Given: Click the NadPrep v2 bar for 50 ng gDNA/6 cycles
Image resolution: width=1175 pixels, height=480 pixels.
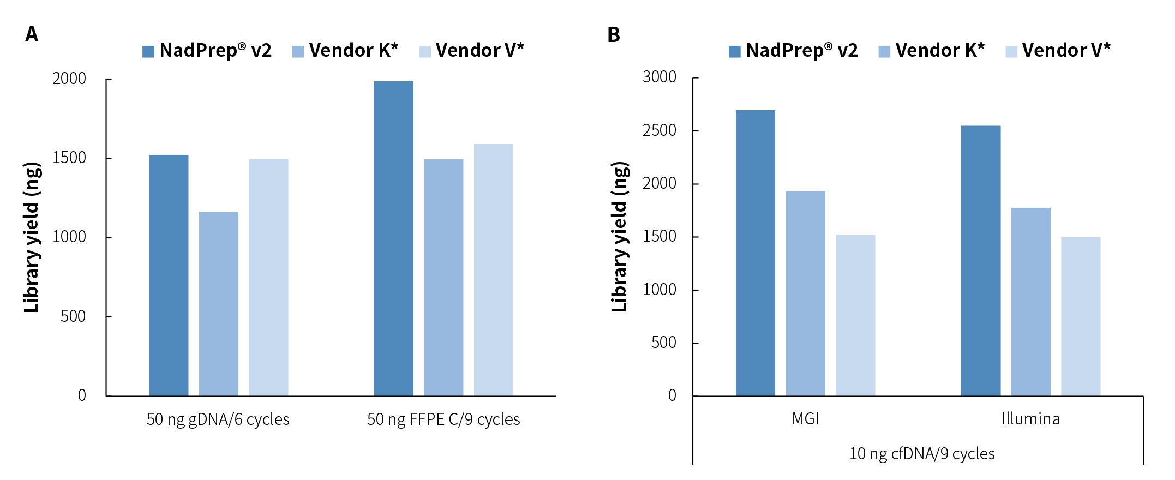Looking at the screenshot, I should point(169,275).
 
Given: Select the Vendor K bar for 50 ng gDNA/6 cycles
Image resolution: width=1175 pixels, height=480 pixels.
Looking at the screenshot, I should point(218,304).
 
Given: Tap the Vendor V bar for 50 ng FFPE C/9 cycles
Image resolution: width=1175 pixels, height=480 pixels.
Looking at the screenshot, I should point(493,270).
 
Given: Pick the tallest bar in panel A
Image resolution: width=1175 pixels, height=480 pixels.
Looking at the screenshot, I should point(393,238).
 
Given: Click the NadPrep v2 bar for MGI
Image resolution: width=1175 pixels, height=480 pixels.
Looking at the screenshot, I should point(755,253).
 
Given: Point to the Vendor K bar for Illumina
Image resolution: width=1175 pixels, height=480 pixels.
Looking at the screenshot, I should point(1030,302).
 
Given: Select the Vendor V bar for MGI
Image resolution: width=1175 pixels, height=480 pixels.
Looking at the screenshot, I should point(855,315).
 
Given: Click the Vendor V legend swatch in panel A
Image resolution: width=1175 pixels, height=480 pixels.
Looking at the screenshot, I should point(425,52).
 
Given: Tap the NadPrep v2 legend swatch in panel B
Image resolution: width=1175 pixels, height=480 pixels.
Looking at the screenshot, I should point(734,52).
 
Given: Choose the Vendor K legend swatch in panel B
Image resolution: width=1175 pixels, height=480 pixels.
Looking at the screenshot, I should point(884,52).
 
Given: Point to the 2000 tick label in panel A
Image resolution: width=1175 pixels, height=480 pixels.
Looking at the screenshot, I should point(69,79).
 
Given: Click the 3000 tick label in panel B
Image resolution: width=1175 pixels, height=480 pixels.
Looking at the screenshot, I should point(659,77).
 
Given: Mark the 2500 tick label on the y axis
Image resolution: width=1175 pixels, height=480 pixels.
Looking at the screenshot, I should point(659,130).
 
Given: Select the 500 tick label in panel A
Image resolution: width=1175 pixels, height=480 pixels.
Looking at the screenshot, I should point(73,316).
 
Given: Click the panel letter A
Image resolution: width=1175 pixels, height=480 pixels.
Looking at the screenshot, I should point(32,34).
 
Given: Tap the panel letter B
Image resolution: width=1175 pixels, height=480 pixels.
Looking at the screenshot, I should point(613,35).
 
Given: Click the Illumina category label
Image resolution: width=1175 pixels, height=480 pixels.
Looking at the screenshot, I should point(1030,419).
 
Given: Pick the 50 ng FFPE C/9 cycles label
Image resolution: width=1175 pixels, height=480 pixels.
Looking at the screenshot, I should point(443,419).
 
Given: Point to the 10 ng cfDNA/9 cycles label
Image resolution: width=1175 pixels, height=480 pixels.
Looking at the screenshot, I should point(922,454).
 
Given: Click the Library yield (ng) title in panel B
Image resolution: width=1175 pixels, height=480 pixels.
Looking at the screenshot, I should point(619,237).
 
